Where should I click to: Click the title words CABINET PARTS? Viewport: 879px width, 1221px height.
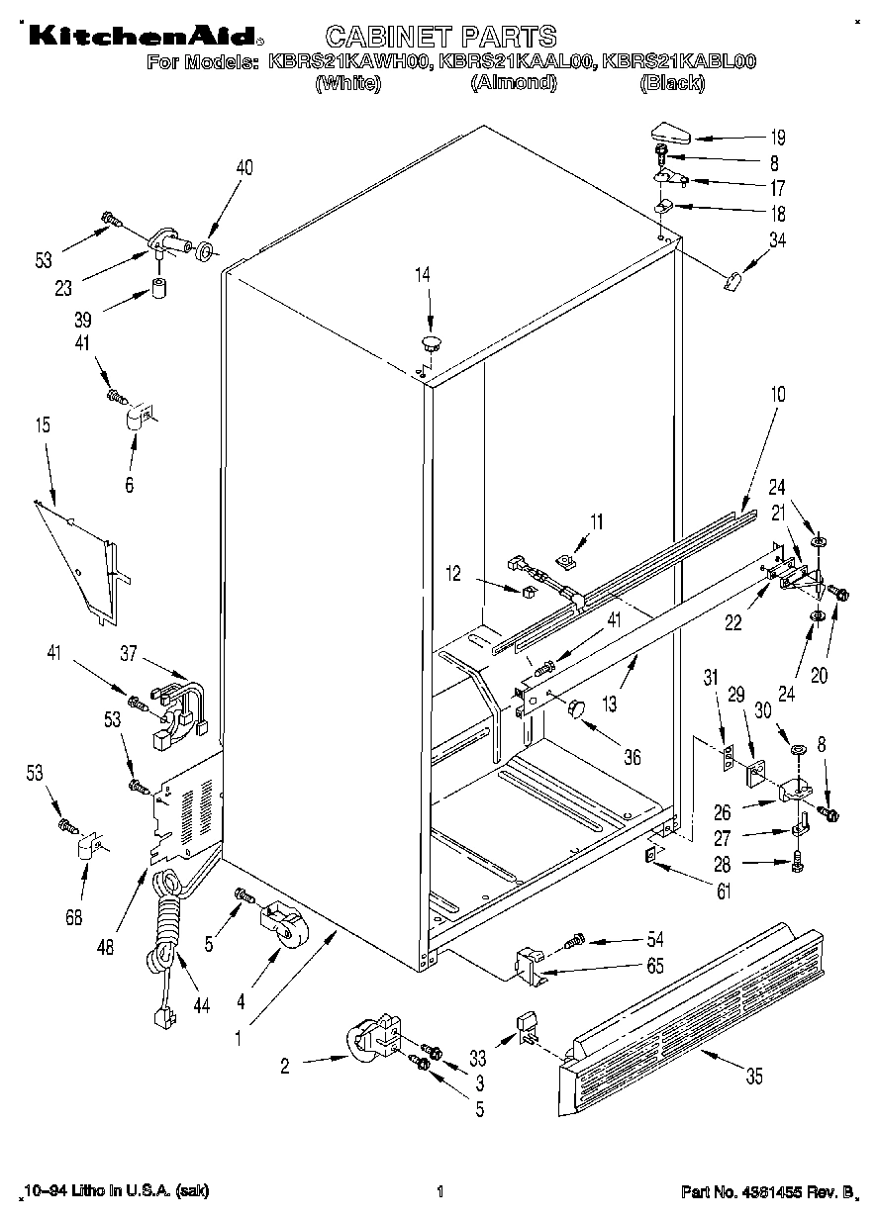(440, 37)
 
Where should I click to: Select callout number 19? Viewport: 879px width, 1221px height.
(778, 139)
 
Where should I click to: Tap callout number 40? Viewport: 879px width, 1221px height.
(244, 167)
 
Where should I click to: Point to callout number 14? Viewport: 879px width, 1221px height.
(423, 275)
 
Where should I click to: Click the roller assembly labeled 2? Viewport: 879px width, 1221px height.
(373, 1040)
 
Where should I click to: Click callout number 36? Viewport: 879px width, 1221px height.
(632, 758)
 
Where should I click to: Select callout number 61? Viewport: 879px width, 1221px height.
(724, 892)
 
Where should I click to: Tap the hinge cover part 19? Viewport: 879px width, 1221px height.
(675, 132)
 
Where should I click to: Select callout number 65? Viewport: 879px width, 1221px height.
(654, 967)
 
